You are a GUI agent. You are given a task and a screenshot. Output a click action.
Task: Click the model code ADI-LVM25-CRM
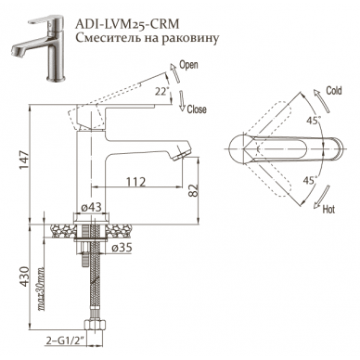click(128, 23)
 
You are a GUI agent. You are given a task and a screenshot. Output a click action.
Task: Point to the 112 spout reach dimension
click(135, 182)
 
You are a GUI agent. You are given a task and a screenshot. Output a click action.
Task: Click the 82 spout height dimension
click(193, 190)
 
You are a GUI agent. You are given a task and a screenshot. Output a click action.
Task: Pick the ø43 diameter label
click(92, 207)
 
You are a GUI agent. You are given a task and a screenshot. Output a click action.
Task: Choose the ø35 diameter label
click(122, 247)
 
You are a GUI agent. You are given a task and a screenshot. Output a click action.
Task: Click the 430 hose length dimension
click(24, 276)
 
